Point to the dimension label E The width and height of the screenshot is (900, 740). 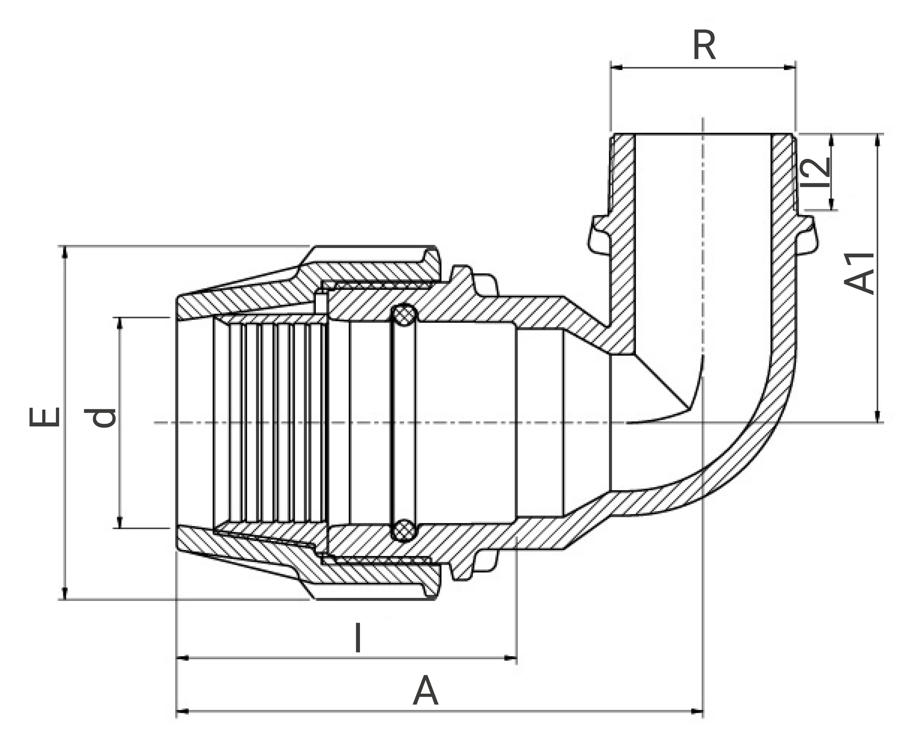pos(44,417)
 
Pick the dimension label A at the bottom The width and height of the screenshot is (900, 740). pos(425,691)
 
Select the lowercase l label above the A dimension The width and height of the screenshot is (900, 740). pos(358,637)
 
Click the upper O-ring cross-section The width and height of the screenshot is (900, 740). pos(404,315)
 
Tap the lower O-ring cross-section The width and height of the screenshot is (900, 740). pos(404,530)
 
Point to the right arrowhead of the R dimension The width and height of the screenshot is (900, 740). pos(789,68)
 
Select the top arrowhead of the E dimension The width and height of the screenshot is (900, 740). pos(65,252)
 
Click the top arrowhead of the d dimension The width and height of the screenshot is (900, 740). pos(120,323)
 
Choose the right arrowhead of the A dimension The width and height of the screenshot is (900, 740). pos(697,712)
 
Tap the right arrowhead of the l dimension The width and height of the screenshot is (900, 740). pos(511,658)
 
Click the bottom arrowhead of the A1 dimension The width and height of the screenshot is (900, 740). pos(877,417)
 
